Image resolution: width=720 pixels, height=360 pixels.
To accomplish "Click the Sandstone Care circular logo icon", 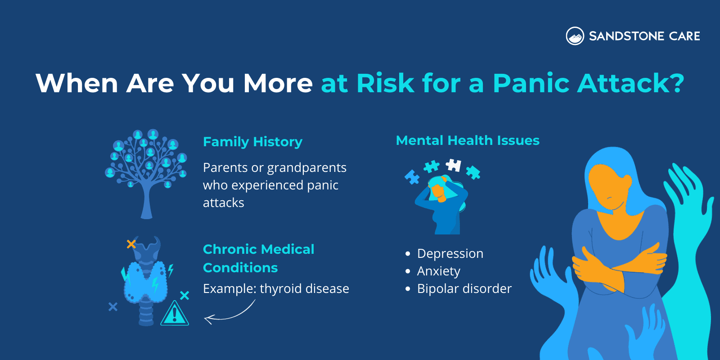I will click(575, 36).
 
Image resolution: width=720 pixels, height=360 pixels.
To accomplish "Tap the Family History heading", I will click(252, 142).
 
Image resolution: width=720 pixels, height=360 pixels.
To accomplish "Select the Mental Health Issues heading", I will click(468, 140).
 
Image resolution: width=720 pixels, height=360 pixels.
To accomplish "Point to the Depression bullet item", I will click(450, 254).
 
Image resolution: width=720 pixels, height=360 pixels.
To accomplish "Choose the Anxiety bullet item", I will click(438, 271).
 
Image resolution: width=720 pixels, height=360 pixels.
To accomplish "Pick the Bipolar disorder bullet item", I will click(464, 289).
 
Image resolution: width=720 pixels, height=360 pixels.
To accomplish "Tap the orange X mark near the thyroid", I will click(131, 244).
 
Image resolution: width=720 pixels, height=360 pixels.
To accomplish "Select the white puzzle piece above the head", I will click(454, 165).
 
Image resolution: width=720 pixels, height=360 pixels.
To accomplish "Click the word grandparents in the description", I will click(306, 168).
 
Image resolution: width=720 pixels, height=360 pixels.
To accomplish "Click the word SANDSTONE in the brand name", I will click(626, 36).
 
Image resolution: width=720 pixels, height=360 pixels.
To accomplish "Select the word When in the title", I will click(76, 83).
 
